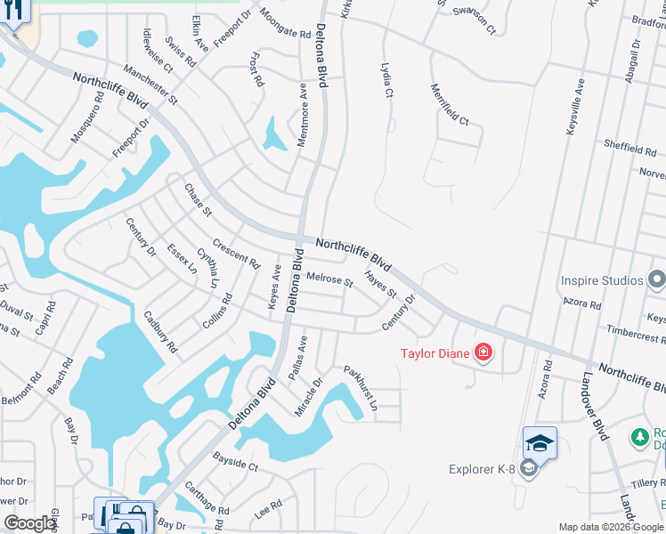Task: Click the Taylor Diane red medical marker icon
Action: pos(483,353)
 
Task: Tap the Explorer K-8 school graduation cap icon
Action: pos(540,442)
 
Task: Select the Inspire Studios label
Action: pos(602,280)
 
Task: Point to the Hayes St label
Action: pos(380,285)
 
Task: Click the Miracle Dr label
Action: pos(311,395)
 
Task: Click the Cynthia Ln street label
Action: pos(207,270)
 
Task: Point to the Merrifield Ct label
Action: pos(450,104)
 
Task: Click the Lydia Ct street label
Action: pos(386,81)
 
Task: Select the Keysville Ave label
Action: pos(575,107)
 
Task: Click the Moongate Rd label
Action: pos(285,24)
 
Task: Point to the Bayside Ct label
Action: pos(235,464)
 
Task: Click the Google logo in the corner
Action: pos(30,523)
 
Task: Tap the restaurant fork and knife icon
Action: pos(13,10)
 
